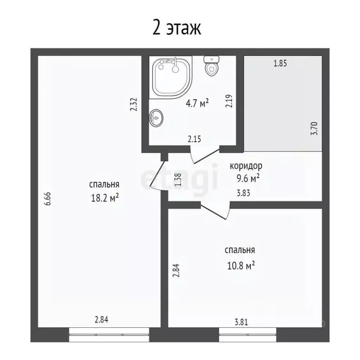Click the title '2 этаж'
point(177,28)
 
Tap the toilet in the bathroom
point(211,67)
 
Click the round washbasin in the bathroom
point(156,117)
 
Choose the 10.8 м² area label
point(241,265)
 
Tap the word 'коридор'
point(246,165)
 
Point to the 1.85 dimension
point(280,64)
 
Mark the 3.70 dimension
point(315,128)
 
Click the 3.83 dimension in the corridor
point(242,192)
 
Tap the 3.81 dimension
point(242,322)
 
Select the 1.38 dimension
point(177,180)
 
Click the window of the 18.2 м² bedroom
point(109,334)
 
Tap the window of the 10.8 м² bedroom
point(247,334)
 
